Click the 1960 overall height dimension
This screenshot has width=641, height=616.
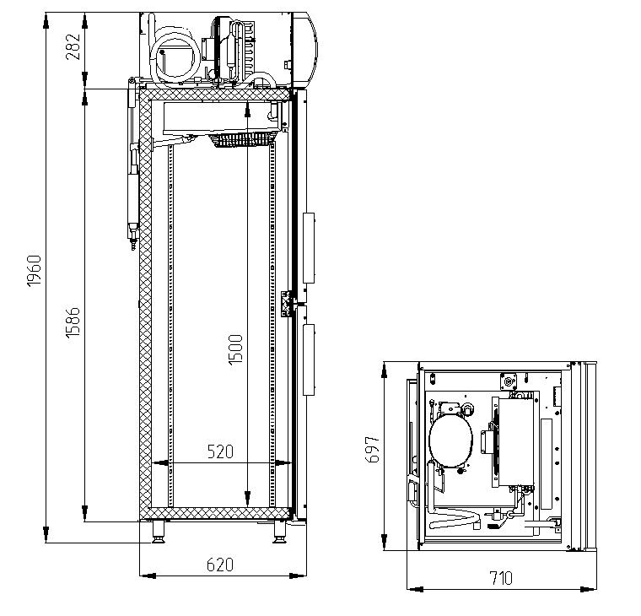coord(35,270)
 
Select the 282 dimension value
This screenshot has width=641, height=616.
coord(73,46)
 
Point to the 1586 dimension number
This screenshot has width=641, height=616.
coord(73,322)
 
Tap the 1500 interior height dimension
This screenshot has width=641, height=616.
coord(235,349)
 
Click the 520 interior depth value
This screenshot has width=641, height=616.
coord(220,451)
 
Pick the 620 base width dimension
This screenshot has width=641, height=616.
coord(220,565)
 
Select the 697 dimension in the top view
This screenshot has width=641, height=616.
coord(372,449)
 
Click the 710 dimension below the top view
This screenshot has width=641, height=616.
coord(501,578)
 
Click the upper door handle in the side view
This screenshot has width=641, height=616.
coord(309,248)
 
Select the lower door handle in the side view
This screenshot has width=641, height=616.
coord(309,359)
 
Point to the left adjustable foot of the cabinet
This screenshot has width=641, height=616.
coord(159,532)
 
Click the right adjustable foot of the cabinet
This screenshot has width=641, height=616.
coord(280,532)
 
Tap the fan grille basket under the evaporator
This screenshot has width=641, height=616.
coord(242,139)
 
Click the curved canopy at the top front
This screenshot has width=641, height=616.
coord(305,50)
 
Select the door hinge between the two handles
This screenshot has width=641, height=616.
coord(286,303)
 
